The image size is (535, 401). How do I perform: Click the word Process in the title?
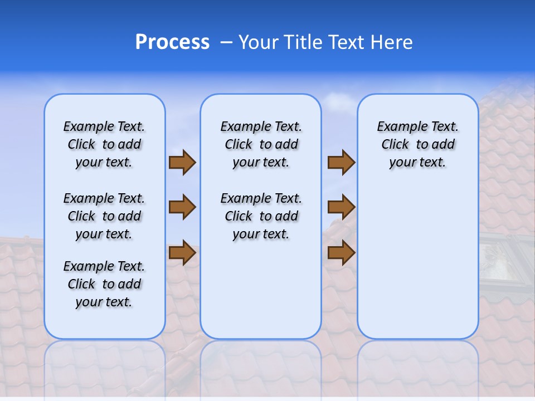point(172,42)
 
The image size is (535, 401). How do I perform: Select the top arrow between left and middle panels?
point(182,162)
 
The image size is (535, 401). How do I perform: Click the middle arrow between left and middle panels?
point(182,207)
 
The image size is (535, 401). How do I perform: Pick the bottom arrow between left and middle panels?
point(182,252)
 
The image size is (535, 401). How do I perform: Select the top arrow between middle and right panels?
point(341,162)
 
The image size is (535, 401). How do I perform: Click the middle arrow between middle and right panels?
point(341,207)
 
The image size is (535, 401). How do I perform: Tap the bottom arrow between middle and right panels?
point(341,252)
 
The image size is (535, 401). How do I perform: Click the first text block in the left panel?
point(104,144)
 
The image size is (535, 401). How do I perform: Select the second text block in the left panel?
point(104,216)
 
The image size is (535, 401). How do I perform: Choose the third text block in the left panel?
point(104,284)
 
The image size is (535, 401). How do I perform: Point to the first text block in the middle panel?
point(261,144)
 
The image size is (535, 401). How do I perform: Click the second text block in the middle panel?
point(261,216)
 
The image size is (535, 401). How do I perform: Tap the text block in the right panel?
point(418,144)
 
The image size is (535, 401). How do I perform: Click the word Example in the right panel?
point(398,127)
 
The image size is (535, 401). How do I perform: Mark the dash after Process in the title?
point(226,42)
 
